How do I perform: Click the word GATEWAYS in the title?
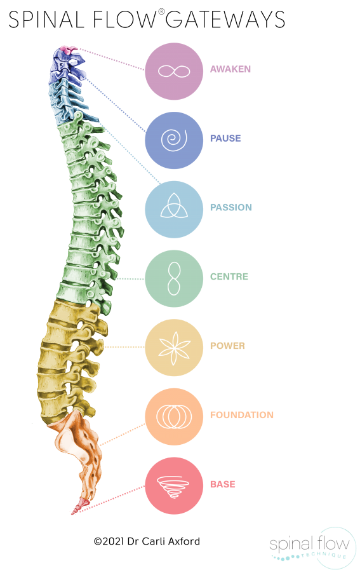tap(225, 19)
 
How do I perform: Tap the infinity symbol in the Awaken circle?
tap(174, 71)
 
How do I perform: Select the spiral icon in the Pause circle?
tap(174, 140)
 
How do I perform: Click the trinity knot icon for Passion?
tap(174, 206)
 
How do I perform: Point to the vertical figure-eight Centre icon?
tap(174, 278)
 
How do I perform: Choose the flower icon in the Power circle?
tap(175, 348)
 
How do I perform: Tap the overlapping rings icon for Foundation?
tap(174, 417)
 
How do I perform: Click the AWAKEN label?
tap(230, 69)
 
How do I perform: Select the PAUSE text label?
tap(225, 138)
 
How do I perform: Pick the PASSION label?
tap(231, 207)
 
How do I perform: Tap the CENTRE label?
tap(229, 276)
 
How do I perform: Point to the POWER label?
tap(227, 345)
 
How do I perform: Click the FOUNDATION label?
tap(242, 415)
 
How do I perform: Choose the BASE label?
tap(223, 484)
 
